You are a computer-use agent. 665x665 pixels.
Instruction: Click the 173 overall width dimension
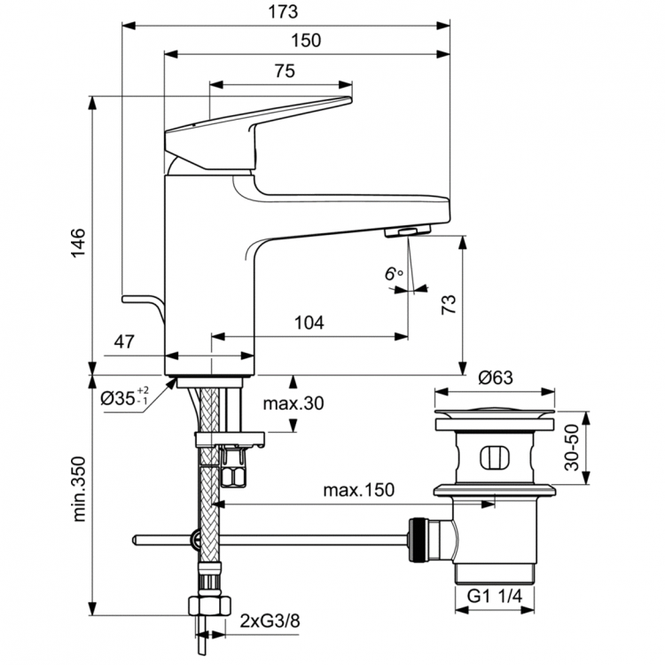[286, 12]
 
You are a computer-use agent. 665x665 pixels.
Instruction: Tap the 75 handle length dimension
[283, 74]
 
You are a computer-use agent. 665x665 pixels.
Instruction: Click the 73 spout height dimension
[450, 304]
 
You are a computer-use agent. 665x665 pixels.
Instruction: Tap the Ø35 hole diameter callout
[125, 398]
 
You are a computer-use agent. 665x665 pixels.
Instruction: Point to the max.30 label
[293, 403]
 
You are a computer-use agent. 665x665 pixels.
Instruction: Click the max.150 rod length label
[358, 490]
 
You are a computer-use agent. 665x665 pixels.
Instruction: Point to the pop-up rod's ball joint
[194, 539]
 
